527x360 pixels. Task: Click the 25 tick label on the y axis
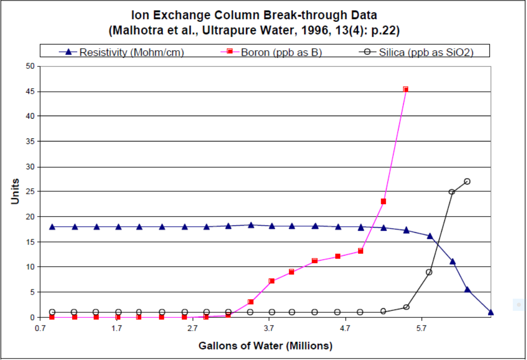click(x=31, y=192)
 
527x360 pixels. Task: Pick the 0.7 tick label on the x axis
click(x=41, y=328)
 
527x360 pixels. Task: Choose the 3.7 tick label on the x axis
click(x=269, y=328)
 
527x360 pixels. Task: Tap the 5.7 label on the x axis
click(x=422, y=328)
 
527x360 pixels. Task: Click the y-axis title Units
click(x=15, y=191)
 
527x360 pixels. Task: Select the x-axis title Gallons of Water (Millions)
click(x=265, y=346)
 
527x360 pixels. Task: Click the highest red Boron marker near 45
click(x=406, y=89)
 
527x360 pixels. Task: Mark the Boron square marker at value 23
click(x=383, y=201)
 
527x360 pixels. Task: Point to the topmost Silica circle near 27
click(x=467, y=181)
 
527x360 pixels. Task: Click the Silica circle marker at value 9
click(x=429, y=272)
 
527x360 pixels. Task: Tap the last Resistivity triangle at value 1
click(x=491, y=312)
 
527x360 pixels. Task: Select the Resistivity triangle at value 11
click(x=452, y=262)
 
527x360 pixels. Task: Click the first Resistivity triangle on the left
click(x=52, y=227)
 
